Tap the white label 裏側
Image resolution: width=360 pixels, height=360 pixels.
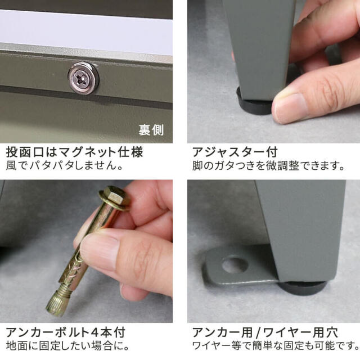pyautogui.click(x=151, y=130)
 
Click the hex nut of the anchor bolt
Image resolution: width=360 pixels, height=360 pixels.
pyautogui.click(x=115, y=199)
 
